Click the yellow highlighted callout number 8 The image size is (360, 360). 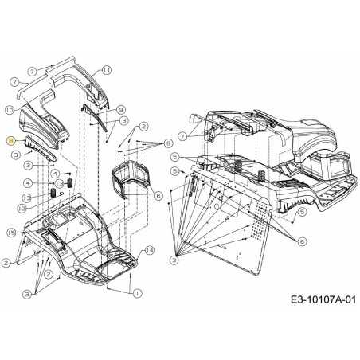[10, 140]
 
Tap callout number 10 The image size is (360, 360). [9, 109]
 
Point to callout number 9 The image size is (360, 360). [122, 109]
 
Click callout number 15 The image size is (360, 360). [10, 232]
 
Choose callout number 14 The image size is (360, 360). [149, 250]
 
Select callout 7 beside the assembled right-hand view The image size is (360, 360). [182, 136]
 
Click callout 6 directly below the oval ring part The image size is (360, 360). [159, 195]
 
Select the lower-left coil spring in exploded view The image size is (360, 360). [54, 193]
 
